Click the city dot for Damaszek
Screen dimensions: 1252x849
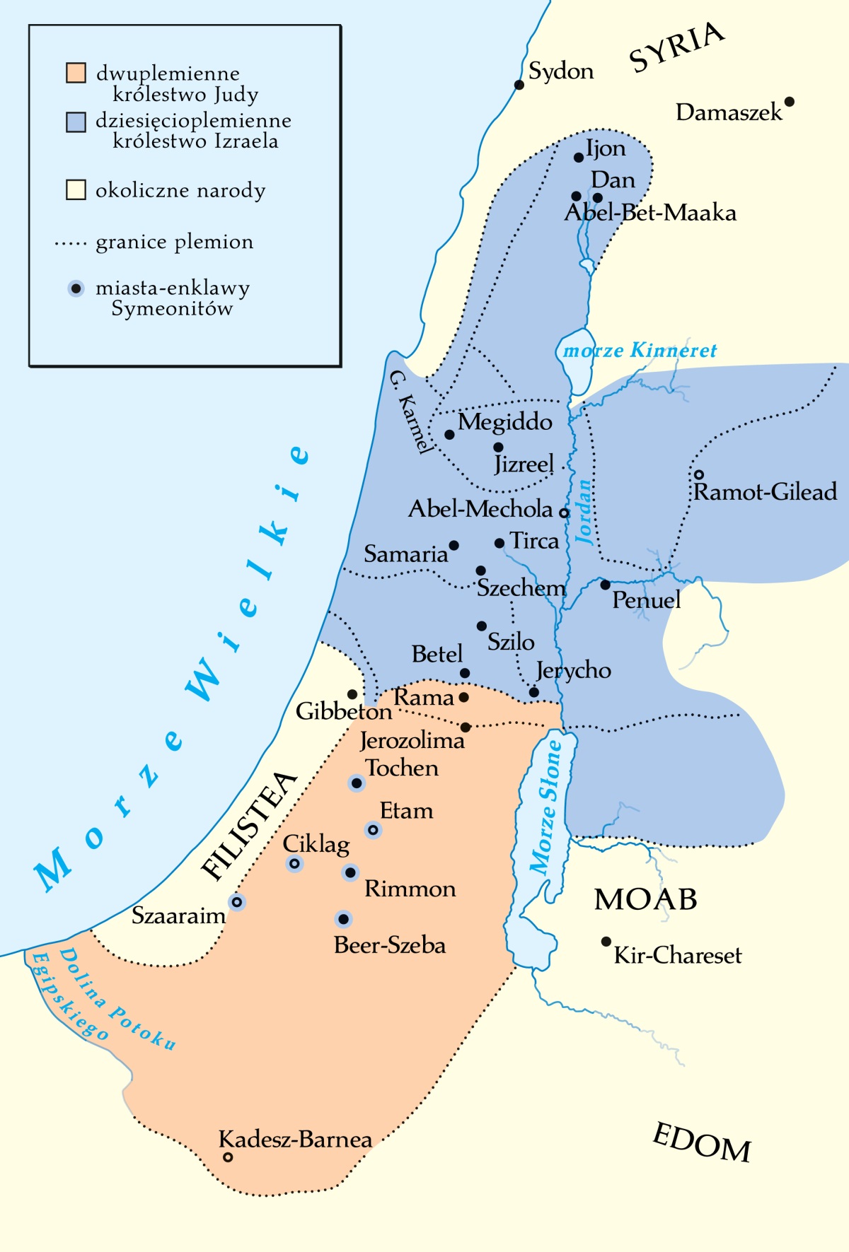tap(790, 102)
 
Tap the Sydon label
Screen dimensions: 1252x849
tap(561, 71)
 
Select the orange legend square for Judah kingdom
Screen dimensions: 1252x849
tap(76, 73)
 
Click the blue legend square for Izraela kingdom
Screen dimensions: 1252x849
tap(76, 121)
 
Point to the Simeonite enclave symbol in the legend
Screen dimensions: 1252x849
tap(76, 288)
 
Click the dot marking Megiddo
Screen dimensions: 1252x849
tap(449, 434)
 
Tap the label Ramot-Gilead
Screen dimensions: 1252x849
tap(765, 492)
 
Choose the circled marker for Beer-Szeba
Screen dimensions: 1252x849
tap(343, 919)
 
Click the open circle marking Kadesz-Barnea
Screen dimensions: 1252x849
tap(228, 1157)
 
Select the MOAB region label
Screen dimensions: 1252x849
tap(645, 900)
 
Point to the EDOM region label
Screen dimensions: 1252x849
tap(701, 1144)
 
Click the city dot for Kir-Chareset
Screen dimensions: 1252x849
tap(606, 942)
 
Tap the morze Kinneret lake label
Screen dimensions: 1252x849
tap(640, 351)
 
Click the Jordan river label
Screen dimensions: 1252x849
tap(584, 513)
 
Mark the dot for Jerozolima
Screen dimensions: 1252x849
tap(466, 727)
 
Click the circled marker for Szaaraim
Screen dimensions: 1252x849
tap(238, 902)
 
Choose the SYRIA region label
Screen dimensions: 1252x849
tap(676, 47)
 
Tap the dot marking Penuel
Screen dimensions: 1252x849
tap(605, 585)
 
